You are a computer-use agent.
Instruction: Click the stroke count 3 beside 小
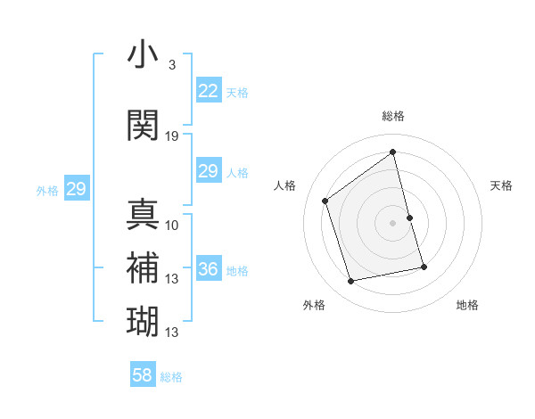pyautogui.click(x=172, y=65)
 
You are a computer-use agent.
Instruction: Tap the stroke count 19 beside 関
pyautogui.click(x=172, y=136)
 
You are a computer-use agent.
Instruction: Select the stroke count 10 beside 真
pyautogui.click(x=172, y=225)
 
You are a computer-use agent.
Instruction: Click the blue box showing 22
pyautogui.click(x=208, y=91)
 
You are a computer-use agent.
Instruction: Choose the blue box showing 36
pyautogui.click(x=208, y=269)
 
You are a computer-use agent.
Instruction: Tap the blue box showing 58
pyautogui.click(x=143, y=375)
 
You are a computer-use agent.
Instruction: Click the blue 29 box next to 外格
pyautogui.click(x=76, y=189)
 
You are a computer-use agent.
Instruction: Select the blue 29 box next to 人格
pyautogui.click(x=208, y=171)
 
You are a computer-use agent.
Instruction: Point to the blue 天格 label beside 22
pyautogui.click(x=237, y=92)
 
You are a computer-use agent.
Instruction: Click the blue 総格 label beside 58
pyautogui.click(x=171, y=377)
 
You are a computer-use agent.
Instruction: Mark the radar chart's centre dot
pyautogui.click(x=392, y=222)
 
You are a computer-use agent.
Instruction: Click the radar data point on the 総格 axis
pyautogui.click(x=393, y=152)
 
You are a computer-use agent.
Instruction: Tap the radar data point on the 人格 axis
pyautogui.click(x=325, y=201)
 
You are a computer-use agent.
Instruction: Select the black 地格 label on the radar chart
pyautogui.click(x=467, y=306)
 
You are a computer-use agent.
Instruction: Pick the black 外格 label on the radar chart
pyautogui.click(x=314, y=306)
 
